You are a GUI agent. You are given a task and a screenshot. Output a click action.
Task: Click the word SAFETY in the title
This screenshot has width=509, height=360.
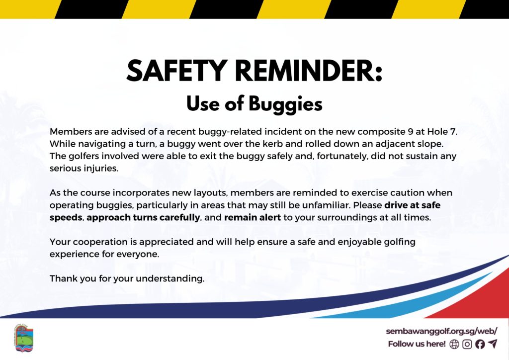coord(177,71)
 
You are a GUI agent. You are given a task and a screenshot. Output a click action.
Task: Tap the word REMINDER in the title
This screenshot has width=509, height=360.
coord(308,71)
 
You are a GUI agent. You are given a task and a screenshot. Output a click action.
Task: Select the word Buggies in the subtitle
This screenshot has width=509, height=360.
coord(286,104)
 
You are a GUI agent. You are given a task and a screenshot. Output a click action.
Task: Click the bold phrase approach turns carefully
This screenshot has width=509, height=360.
coord(143,218)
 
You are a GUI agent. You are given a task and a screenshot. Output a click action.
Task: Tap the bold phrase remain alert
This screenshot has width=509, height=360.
coord(253,217)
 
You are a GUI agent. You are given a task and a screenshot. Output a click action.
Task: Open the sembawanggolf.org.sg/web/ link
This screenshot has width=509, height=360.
coord(441,331)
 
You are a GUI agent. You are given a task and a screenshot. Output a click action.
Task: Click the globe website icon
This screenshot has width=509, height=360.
coord(454,344)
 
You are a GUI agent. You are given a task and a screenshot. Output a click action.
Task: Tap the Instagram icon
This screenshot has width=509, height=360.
coord(467,344)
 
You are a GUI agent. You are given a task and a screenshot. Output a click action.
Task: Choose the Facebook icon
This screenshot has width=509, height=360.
coord(480,344)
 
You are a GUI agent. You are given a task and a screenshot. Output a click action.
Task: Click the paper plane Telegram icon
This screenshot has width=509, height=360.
coord(493,344)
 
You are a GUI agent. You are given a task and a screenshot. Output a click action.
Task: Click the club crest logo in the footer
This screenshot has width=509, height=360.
coord(24,338)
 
